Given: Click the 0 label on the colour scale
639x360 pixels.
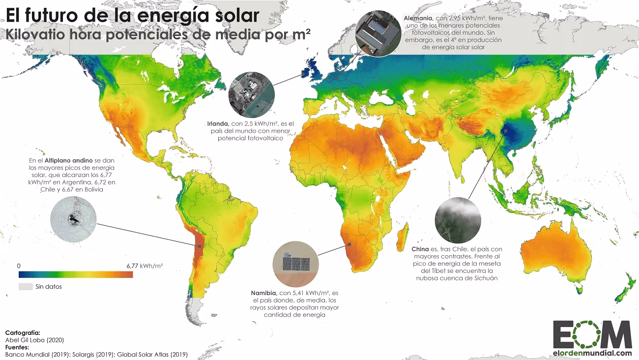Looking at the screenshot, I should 19,266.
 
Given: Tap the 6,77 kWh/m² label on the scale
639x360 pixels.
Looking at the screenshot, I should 145,266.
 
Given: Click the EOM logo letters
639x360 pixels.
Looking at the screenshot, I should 592,334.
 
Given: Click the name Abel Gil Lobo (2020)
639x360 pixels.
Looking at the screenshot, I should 35,340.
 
